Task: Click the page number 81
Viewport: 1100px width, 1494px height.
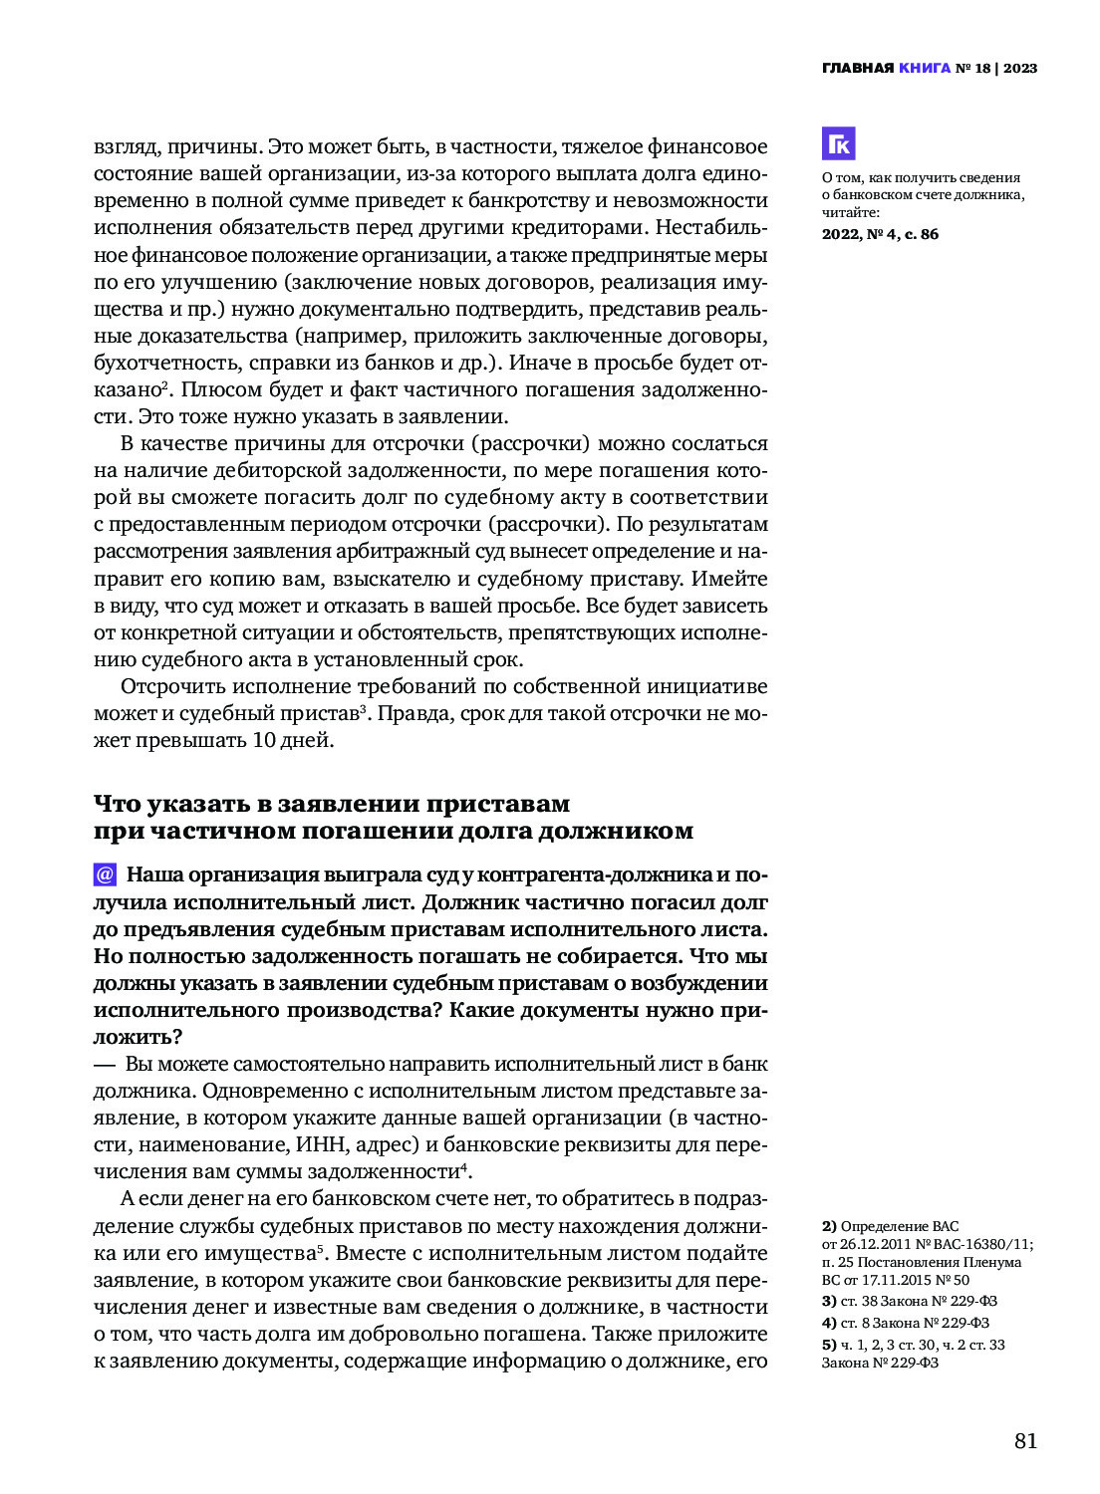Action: tap(1025, 1440)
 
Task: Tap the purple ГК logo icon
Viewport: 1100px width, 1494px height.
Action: tap(838, 143)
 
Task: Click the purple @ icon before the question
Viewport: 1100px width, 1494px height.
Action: tap(105, 874)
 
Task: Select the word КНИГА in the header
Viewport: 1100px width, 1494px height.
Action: tap(924, 68)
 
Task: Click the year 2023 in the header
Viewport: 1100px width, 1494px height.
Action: tap(1020, 68)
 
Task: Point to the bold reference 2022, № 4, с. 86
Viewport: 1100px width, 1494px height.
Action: tap(880, 234)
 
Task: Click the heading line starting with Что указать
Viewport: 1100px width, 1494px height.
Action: tap(332, 804)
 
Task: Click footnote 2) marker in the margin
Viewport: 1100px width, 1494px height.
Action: tap(829, 1226)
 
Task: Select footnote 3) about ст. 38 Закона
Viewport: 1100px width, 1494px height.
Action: tap(909, 1301)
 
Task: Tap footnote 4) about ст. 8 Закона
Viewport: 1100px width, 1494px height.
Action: tap(905, 1323)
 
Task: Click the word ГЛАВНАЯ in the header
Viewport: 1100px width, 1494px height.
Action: tap(857, 68)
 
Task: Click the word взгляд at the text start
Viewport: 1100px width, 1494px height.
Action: tap(125, 146)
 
